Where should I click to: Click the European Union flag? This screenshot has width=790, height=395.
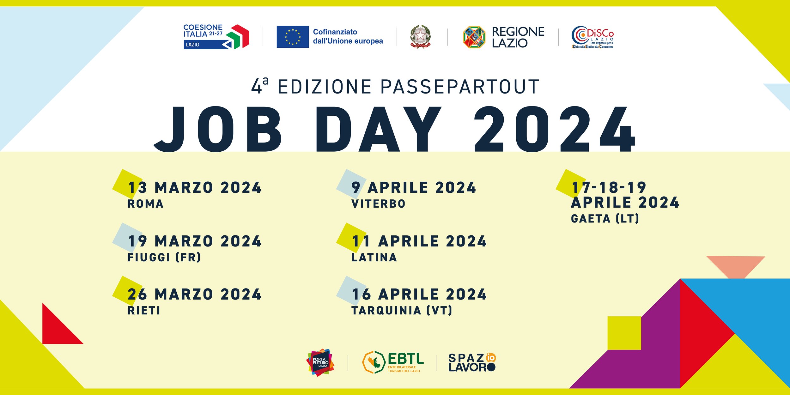click(x=293, y=37)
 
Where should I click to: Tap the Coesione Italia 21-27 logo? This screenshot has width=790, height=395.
click(x=216, y=37)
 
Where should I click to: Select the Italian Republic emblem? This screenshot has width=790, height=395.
click(x=420, y=37)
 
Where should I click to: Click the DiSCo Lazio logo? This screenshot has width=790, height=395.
click(x=592, y=37)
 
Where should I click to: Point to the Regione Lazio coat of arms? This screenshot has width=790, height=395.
click(x=474, y=37)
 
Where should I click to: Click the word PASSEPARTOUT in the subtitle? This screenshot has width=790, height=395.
click(x=460, y=87)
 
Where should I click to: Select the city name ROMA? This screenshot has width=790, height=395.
click(x=145, y=204)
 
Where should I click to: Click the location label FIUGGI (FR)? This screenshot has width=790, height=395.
click(x=164, y=257)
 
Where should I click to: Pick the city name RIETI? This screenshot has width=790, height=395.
click(x=144, y=311)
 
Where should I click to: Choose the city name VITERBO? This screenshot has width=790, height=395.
click(x=378, y=204)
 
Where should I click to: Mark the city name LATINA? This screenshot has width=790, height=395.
click(x=374, y=258)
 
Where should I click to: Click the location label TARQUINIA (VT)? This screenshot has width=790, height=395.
click(x=402, y=310)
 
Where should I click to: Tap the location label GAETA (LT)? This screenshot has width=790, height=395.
click(x=605, y=218)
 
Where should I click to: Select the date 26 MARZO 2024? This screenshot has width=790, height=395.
click(x=195, y=294)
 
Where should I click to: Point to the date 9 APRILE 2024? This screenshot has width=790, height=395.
click(x=414, y=188)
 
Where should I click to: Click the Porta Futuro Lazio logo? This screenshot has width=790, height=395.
click(x=320, y=362)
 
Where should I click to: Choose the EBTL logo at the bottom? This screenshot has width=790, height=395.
click(x=393, y=362)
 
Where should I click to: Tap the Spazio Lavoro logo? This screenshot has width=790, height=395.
click(x=472, y=362)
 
